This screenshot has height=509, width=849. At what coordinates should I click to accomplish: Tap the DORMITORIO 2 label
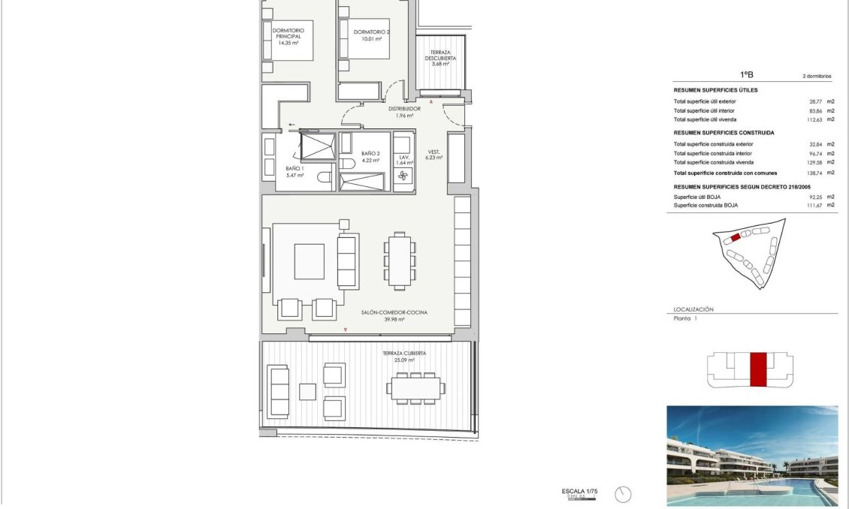point(372,32)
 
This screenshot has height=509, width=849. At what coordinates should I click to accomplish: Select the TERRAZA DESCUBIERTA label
point(440,55)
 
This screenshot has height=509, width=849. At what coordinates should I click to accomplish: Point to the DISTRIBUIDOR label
point(404,109)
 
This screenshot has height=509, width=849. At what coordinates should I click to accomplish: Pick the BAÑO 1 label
point(295,168)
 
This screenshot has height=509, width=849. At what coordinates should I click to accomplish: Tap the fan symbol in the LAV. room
point(403,176)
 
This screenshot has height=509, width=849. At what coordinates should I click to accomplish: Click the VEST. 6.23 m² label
point(434,155)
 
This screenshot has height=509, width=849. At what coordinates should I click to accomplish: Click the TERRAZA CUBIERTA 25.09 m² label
point(404,356)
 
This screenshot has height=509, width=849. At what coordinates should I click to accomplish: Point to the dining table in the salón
point(400,260)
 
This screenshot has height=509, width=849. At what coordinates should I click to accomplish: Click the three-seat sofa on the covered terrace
point(279,391)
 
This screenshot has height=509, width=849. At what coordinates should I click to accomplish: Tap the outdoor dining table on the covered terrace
point(415,387)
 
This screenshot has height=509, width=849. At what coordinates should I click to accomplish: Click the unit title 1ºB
point(747,75)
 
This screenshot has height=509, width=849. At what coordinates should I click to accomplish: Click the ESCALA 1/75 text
point(579,491)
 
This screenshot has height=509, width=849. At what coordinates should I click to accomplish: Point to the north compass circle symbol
point(622,494)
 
